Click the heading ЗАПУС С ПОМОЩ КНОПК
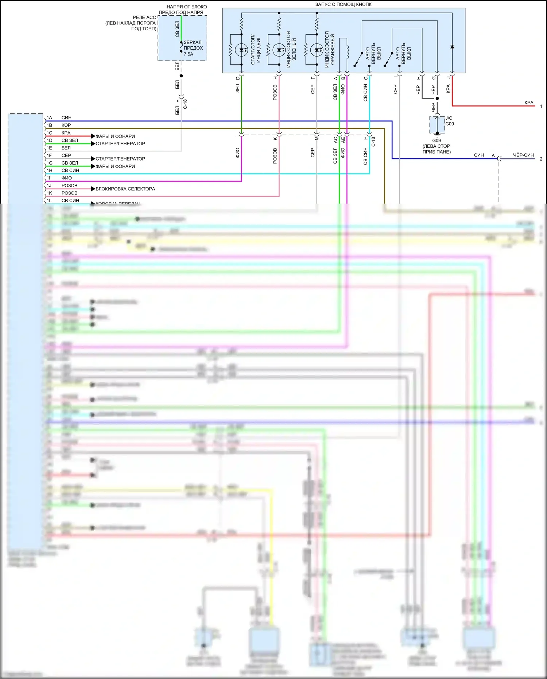(x=343, y=4)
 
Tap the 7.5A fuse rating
(x=189, y=54)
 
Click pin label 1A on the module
(x=49, y=118)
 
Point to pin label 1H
(x=49, y=170)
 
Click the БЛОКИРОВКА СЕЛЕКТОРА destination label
(x=125, y=189)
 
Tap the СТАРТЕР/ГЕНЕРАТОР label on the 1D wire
(x=120, y=144)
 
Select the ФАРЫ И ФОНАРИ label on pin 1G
(x=115, y=166)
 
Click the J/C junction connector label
(x=449, y=118)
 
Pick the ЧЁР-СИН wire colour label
(x=523, y=155)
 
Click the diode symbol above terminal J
(x=452, y=47)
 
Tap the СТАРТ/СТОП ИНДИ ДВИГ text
(x=256, y=50)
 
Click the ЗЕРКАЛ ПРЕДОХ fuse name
(x=193, y=45)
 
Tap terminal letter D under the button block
(x=238, y=78)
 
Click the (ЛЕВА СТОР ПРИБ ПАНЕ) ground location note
(x=437, y=149)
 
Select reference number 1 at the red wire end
(x=541, y=106)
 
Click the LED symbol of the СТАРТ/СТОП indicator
(x=241, y=50)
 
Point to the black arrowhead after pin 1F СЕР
(x=93, y=159)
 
